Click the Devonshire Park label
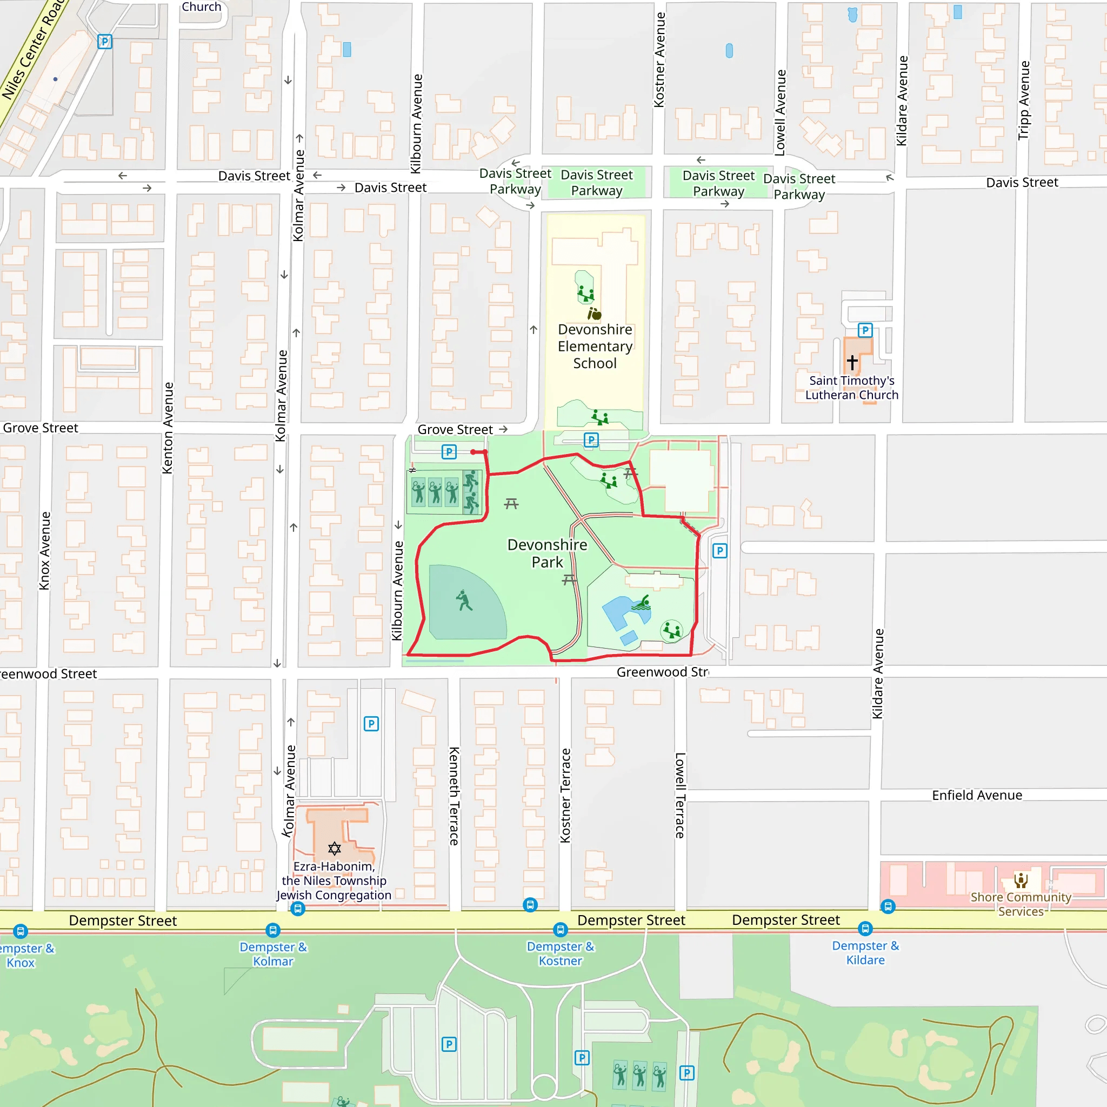(547, 553)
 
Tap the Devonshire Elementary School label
(595, 346)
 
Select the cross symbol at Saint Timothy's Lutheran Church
(852, 362)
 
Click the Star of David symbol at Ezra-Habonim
(335, 848)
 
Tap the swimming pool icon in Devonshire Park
(641, 603)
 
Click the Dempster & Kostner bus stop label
(561, 953)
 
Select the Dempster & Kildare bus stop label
(865, 953)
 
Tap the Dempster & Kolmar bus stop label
(273, 954)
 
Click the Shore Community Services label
(1021, 904)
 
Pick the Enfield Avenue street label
(977, 795)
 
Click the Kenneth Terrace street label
(454, 796)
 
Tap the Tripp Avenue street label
(1023, 101)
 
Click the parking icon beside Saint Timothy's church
(865, 330)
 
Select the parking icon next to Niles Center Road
(104, 41)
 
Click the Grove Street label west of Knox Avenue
(40, 428)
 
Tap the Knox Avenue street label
(45, 550)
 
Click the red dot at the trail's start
(474, 452)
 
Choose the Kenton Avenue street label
(168, 428)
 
